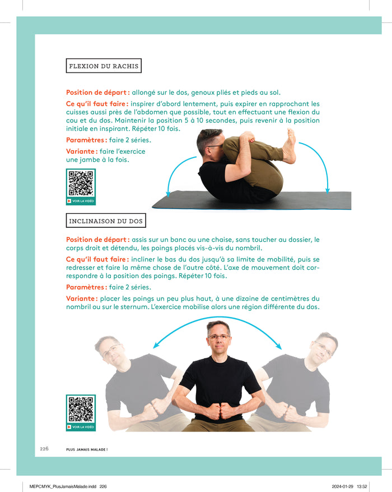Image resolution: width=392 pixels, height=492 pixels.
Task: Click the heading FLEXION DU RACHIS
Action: pyautogui.click(x=104, y=66)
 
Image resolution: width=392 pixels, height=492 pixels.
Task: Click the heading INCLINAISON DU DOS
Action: pyautogui.click(x=106, y=221)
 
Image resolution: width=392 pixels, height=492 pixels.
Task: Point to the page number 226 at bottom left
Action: pyautogui.click(x=44, y=449)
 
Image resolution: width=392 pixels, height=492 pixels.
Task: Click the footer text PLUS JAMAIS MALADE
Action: pyautogui.click(x=87, y=449)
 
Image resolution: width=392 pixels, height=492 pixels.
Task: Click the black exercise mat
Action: pyautogui.click(x=251, y=200)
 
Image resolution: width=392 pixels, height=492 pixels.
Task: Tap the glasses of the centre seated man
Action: pyautogui.click(x=218, y=337)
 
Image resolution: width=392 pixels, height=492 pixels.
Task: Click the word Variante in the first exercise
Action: pyautogui.click(x=80, y=151)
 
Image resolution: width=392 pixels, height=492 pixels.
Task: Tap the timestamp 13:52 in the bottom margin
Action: pyautogui.click(x=362, y=486)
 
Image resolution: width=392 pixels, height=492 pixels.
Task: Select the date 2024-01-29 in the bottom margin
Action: pyautogui.click(x=343, y=486)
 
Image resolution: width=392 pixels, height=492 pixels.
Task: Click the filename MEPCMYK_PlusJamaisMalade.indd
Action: pyautogui.click(x=63, y=486)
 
